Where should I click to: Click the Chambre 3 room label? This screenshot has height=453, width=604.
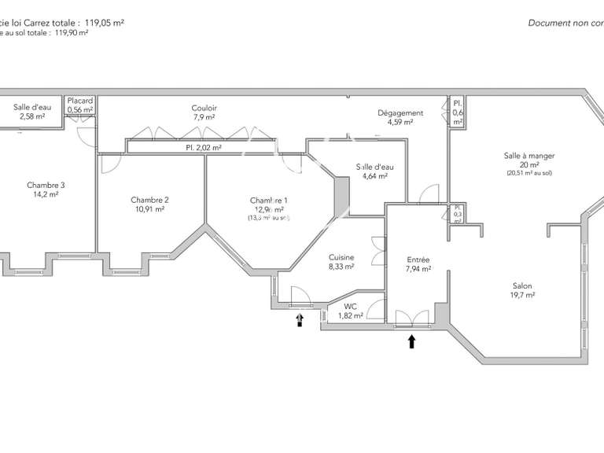pyautogui.click(x=46, y=186)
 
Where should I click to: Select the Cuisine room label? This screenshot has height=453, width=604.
pyautogui.click(x=341, y=257)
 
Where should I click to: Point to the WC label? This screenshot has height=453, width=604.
pyautogui.click(x=350, y=306)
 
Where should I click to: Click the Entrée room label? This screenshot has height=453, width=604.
pyautogui.click(x=418, y=260)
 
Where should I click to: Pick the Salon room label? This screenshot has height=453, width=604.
pyautogui.click(x=521, y=286)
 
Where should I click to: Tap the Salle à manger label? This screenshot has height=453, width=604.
pyautogui.click(x=522, y=156)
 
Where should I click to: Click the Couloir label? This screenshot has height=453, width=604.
pyautogui.click(x=204, y=108)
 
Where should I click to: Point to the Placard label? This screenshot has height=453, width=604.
pyautogui.click(x=80, y=101)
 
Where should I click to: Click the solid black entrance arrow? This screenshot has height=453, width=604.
pyautogui.click(x=411, y=341)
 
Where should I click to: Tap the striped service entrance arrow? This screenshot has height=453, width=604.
pyautogui.click(x=299, y=319)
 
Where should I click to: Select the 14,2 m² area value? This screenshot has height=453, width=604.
pyautogui.click(x=46, y=195)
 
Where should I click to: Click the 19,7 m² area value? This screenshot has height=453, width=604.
pyautogui.click(x=521, y=296)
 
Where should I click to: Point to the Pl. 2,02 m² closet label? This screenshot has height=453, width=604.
pyautogui.click(x=203, y=147)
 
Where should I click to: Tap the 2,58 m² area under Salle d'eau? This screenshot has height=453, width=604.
pyautogui.click(x=31, y=116)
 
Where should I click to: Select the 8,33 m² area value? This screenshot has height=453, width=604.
pyautogui.click(x=341, y=267)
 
